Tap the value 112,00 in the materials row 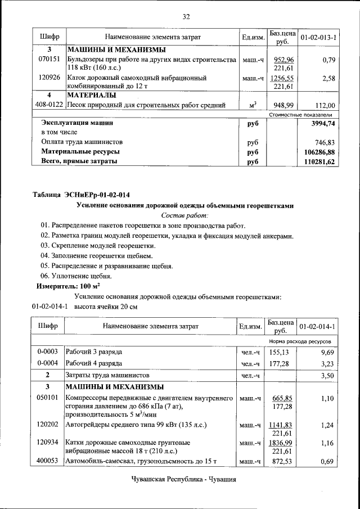pyautogui.click(x=325, y=105)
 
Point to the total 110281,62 pyautogui.click(x=319, y=162)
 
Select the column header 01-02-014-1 pyautogui.click(x=317, y=326)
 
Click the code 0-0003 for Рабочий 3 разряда pyautogui.click(x=48, y=352)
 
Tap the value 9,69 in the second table pyautogui.click(x=327, y=352)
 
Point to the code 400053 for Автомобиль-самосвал pyautogui.click(x=48, y=462)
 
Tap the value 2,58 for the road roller pyautogui.click(x=328, y=79)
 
